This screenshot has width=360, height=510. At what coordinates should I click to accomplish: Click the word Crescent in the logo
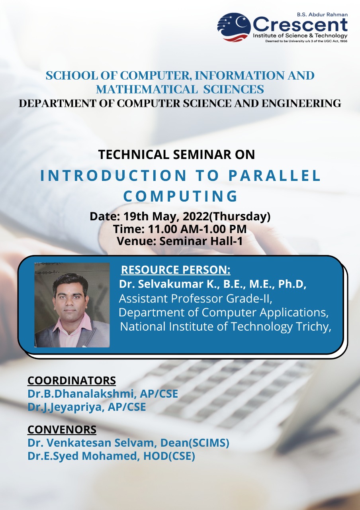300,25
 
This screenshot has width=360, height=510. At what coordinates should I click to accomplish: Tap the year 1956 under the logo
344,41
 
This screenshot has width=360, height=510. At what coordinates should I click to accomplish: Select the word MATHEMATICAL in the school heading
147,89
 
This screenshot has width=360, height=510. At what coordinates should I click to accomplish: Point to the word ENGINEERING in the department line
301,103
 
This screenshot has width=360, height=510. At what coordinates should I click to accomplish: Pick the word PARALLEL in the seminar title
274,176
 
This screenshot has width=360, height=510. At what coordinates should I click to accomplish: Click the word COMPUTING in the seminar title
180,196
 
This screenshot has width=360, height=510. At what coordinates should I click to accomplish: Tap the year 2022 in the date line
196,216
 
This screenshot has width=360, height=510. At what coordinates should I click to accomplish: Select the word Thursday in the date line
240,216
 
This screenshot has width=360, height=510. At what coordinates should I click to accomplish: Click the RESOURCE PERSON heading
176,270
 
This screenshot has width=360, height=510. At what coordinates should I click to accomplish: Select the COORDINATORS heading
72,381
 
